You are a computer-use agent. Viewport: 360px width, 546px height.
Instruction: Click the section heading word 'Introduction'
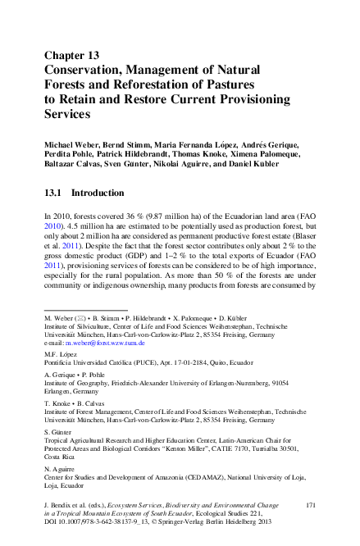[98, 193]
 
